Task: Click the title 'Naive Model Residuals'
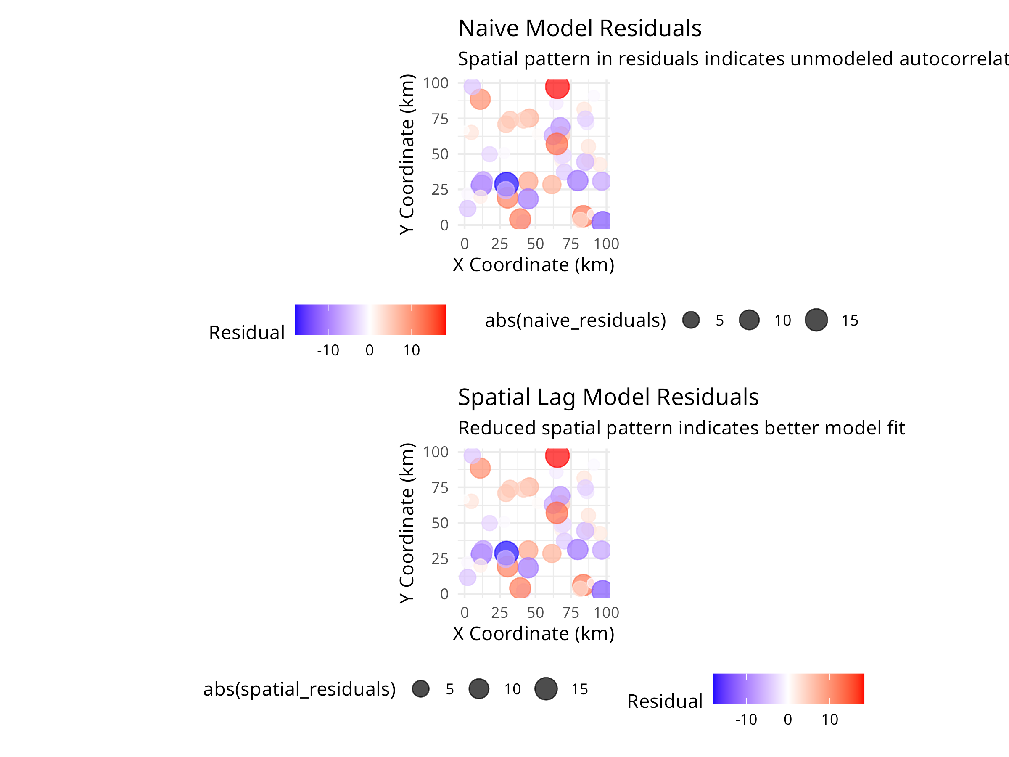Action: pyautogui.click(x=579, y=28)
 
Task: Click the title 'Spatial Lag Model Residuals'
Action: pyautogui.click(x=608, y=397)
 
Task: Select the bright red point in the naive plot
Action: pyautogui.click(x=557, y=87)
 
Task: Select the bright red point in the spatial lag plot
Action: pyautogui.click(x=557, y=455)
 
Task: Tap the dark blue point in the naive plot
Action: pyautogui.click(x=506, y=183)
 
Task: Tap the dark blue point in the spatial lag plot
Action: pyautogui.click(x=506, y=552)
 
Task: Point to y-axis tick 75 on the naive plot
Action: pyautogui.click(x=440, y=119)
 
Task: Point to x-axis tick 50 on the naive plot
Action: pyautogui.click(x=535, y=244)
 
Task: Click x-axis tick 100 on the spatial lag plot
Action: pyautogui.click(x=606, y=613)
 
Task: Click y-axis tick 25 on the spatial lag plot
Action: pyautogui.click(x=440, y=558)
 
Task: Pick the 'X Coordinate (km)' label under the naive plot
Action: pyautogui.click(x=533, y=265)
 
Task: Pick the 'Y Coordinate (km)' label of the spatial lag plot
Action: pyautogui.click(x=407, y=523)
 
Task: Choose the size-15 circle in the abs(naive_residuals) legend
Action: pyautogui.click(x=816, y=320)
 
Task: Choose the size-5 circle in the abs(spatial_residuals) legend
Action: pyautogui.click(x=420, y=688)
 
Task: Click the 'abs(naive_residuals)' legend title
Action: pyautogui.click(x=575, y=320)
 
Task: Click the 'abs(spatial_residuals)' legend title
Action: pyautogui.click(x=299, y=689)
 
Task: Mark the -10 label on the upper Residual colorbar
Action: pyautogui.click(x=328, y=350)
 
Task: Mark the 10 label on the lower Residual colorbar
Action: pyautogui.click(x=830, y=720)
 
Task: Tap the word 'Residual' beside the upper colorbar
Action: pyautogui.click(x=247, y=333)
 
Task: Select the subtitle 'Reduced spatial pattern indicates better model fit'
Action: pyautogui.click(x=681, y=428)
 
